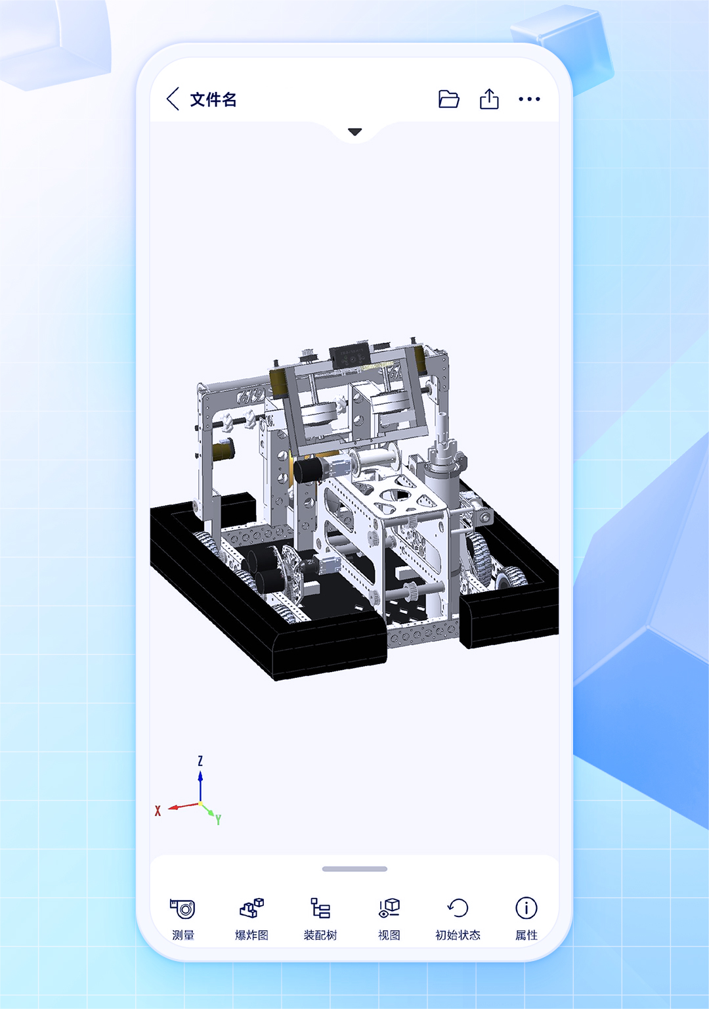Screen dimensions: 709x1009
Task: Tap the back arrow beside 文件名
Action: [173, 99]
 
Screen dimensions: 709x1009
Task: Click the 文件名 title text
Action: [213, 100]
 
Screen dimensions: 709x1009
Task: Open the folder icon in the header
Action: [448, 99]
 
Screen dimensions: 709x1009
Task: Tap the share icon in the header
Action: [489, 99]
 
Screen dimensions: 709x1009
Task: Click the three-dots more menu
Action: [529, 99]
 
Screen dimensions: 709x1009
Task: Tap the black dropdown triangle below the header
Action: [354, 131]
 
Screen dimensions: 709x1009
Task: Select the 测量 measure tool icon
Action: [183, 908]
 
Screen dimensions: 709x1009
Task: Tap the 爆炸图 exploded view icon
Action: [251, 908]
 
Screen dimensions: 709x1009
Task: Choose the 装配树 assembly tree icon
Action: [320, 908]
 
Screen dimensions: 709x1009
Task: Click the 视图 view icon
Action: [389, 908]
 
